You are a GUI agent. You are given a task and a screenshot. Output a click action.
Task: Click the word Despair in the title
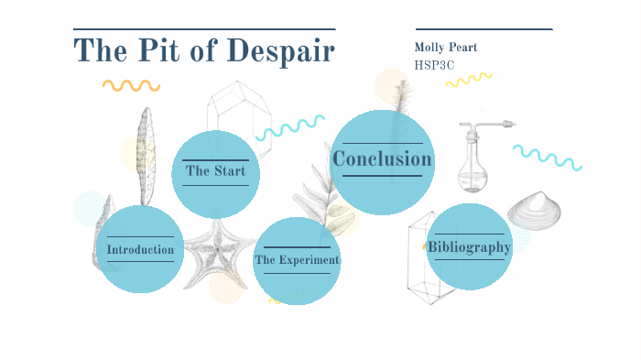click(x=280, y=51)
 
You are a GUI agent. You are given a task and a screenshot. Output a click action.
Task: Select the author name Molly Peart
click(x=446, y=48)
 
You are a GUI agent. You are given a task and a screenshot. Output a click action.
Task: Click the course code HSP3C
click(x=434, y=65)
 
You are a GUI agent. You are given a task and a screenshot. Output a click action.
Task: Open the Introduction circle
click(x=140, y=249)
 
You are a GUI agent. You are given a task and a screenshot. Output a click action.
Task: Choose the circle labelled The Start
click(x=215, y=171)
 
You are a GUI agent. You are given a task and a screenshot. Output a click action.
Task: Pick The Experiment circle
click(x=297, y=260)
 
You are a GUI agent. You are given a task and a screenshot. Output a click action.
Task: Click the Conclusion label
click(x=382, y=160)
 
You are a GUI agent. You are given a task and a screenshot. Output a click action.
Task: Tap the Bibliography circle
click(x=469, y=246)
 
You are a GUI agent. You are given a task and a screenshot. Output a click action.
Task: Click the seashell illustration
click(x=534, y=212)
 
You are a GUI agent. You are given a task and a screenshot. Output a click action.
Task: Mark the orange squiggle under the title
click(x=131, y=85)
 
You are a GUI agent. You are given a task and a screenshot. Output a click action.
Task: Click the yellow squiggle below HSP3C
click(x=469, y=80)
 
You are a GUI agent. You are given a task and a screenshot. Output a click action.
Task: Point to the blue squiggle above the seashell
click(x=548, y=157)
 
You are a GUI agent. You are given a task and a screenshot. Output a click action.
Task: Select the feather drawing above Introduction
click(x=146, y=156)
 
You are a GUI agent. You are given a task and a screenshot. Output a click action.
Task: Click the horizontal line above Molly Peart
click(x=483, y=29)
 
